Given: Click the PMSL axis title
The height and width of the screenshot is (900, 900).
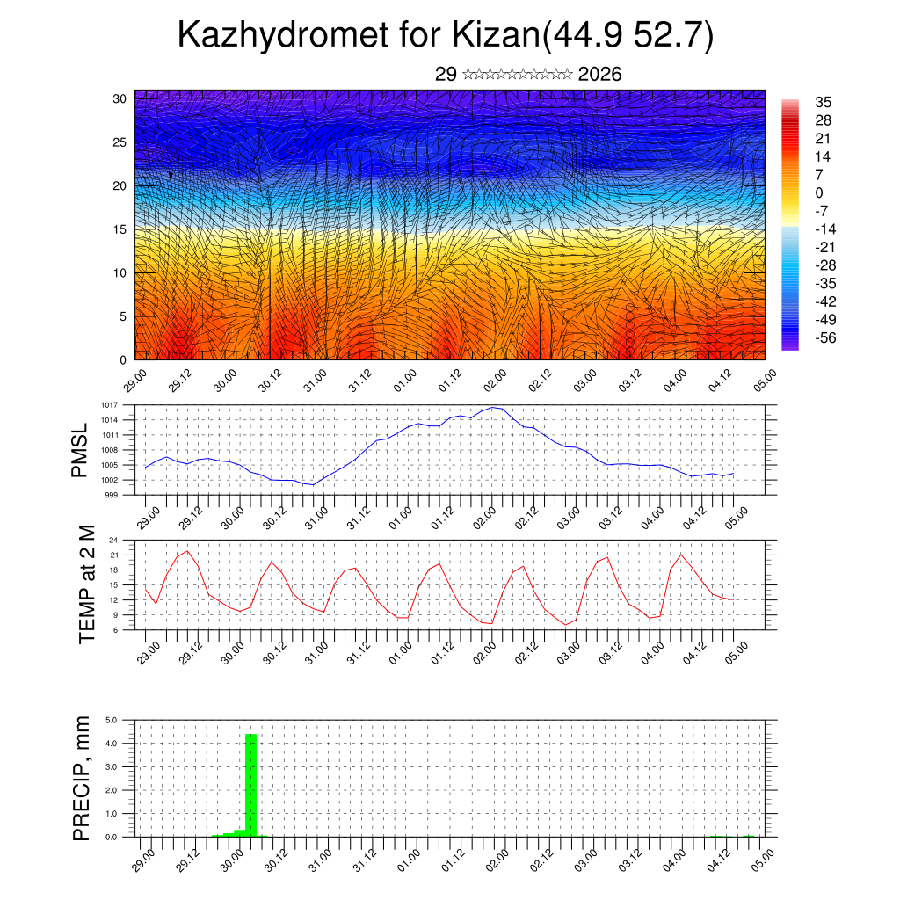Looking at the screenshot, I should click(81, 449).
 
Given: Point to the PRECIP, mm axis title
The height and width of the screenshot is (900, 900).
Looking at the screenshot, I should click(82, 777).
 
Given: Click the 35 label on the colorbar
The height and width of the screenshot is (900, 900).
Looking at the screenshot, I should click(824, 102).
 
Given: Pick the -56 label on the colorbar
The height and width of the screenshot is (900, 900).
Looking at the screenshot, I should click(825, 337).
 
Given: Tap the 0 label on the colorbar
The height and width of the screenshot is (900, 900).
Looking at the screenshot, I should click(819, 192).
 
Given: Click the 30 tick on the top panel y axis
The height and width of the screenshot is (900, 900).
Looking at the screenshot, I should click(120, 98).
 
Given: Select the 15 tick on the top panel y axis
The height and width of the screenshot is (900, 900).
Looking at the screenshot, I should click(120, 229).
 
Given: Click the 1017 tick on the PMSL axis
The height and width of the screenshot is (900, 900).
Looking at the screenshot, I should click(109, 405).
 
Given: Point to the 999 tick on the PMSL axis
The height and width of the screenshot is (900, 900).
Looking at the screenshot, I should click(112, 495).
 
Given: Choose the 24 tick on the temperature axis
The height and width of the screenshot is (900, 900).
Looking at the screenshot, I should click(113, 540).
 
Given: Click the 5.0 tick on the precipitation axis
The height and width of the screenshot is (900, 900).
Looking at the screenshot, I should click(112, 720).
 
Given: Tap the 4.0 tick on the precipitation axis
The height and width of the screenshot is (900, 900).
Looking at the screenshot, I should click(112, 744).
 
